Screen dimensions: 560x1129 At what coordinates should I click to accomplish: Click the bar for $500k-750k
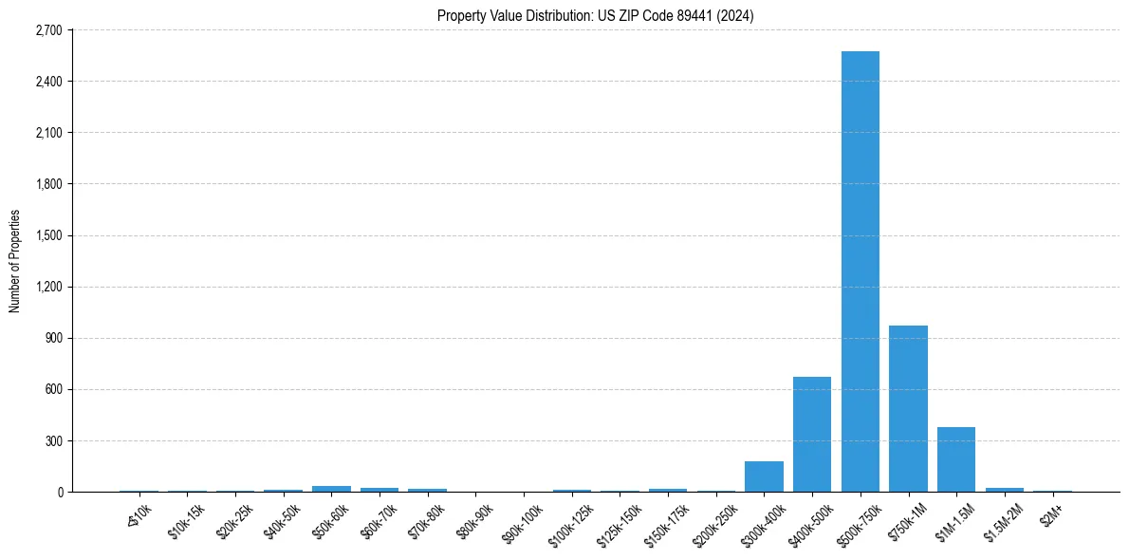click(860, 271)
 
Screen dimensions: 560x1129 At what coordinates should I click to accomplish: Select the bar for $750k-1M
click(908, 408)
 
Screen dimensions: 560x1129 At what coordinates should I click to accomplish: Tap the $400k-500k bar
click(812, 434)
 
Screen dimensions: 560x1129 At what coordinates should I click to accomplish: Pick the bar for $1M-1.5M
click(956, 459)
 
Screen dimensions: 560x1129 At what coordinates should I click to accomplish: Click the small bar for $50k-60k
click(331, 489)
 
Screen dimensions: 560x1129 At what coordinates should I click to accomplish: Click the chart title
click(596, 16)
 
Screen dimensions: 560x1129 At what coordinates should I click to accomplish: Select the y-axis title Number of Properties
click(15, 261)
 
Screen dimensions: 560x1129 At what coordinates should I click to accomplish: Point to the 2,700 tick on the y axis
click(47, 30)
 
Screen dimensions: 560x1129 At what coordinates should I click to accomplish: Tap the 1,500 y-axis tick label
click(47, 235)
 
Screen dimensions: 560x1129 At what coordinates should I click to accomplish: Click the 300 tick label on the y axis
click(53, 441)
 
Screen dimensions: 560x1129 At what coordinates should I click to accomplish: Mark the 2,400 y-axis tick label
click(47, 82)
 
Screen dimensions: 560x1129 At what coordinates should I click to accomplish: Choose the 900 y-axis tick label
click(53, 338)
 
